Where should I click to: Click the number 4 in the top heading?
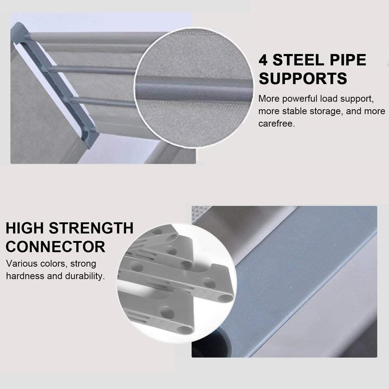click(263, 60)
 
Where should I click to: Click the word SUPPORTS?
click(303, 78)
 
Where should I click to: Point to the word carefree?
click(276, 123)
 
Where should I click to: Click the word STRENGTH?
click(91, 228)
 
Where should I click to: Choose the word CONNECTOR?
click(56, 247)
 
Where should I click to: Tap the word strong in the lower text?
click(83, 264)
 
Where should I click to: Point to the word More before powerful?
click(269, 99)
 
